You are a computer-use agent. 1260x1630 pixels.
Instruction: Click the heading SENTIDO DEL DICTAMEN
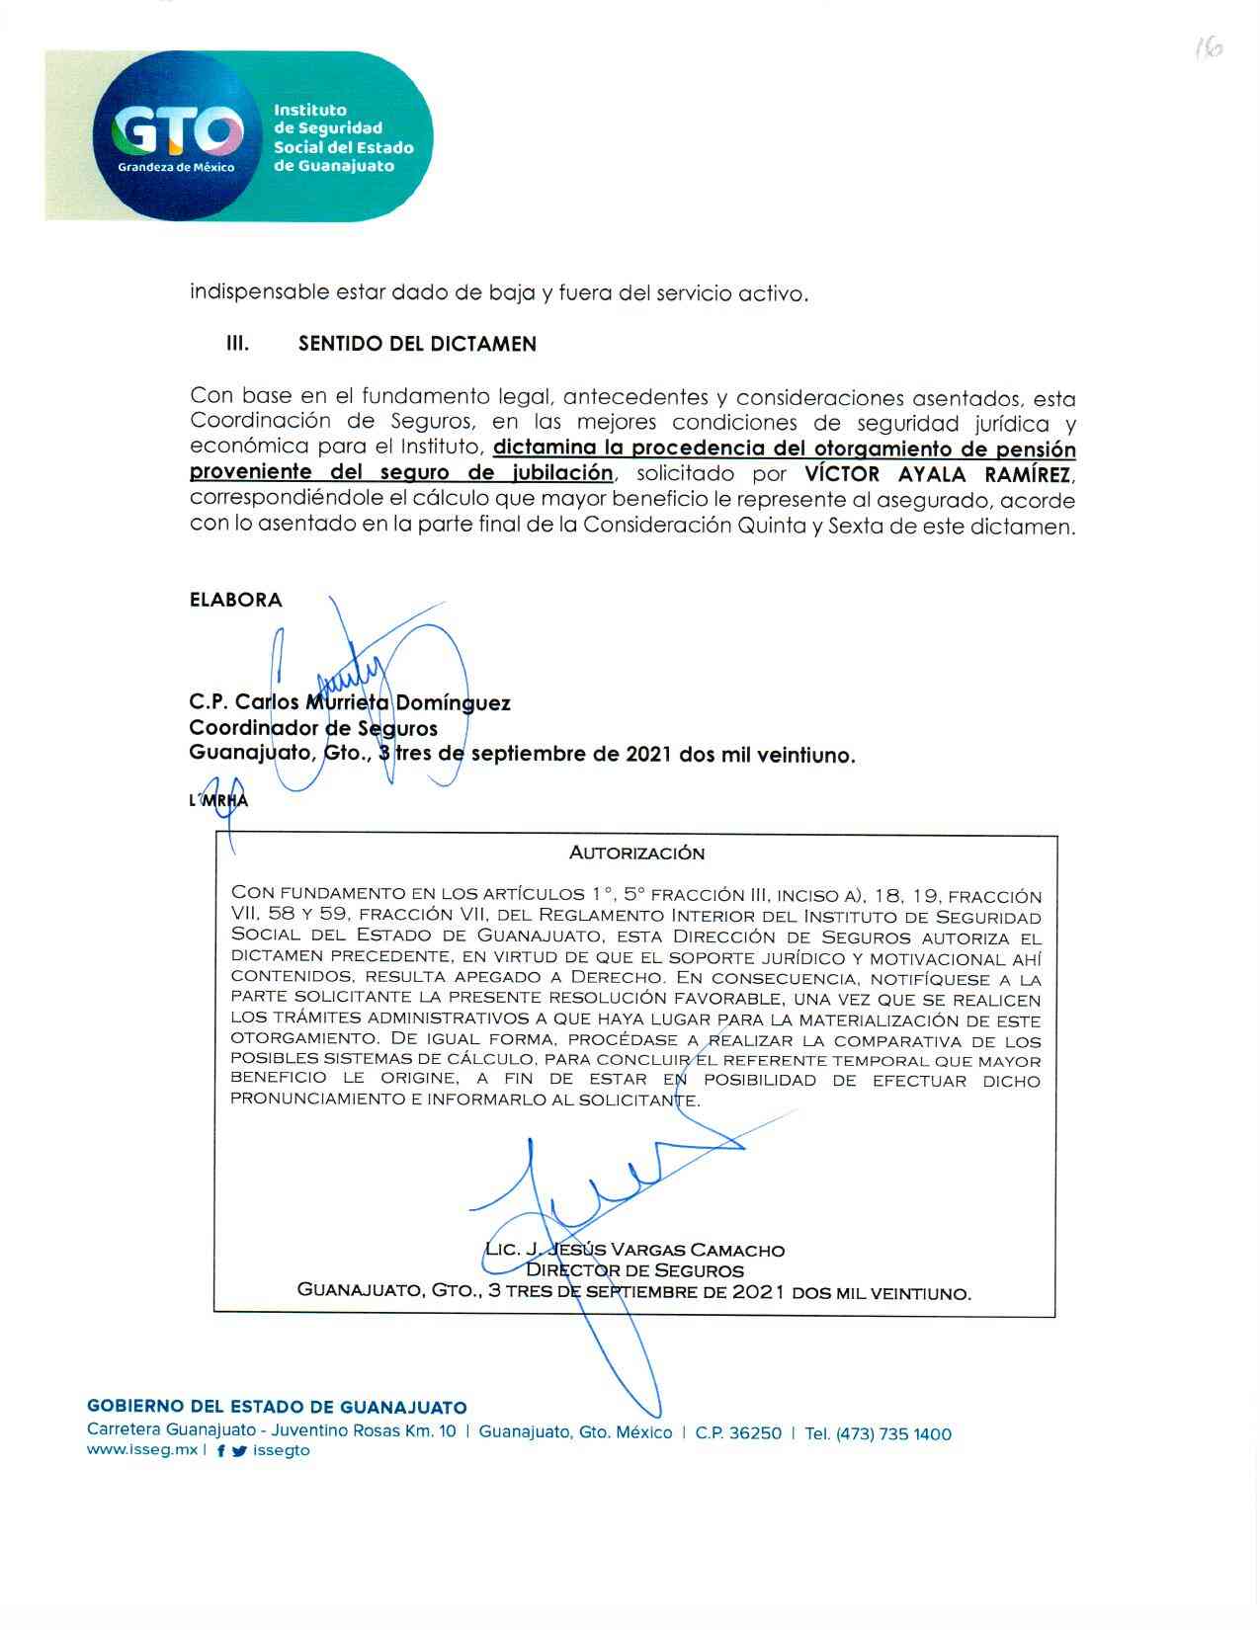[x=417, y=345]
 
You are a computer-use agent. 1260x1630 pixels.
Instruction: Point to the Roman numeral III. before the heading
[x=237, y=345]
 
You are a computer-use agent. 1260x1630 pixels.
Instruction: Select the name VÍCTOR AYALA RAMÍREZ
[x=939, y=474]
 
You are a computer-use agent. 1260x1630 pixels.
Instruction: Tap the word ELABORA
[x=235, y=600]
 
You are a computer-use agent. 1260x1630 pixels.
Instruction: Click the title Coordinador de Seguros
[x=313, y=729]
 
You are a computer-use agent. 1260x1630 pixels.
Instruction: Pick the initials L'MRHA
[x=218, y=800]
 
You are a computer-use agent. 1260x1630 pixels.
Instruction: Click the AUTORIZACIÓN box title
[x=636, y=853]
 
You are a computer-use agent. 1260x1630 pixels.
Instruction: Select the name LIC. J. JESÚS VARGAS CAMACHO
[x=634, y=1250]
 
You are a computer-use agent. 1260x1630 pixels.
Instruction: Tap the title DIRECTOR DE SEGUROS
[x=634, y=1270]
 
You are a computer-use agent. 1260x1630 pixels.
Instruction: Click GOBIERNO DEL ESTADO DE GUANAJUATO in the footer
[x=277, y=1408]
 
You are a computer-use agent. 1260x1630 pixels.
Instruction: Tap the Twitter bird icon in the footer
[x=238, y=1451]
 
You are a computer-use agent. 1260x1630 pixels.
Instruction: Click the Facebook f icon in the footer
[x=220, y=1451]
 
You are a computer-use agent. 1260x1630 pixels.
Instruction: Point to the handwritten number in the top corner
[x=1207, y=48]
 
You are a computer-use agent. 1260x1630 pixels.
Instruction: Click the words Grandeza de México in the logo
[x=177, y=167]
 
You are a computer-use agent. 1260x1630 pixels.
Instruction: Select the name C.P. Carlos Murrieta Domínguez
[x=350, y=703]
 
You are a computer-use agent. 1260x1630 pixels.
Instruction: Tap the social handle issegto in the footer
[x=282, y=1451]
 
